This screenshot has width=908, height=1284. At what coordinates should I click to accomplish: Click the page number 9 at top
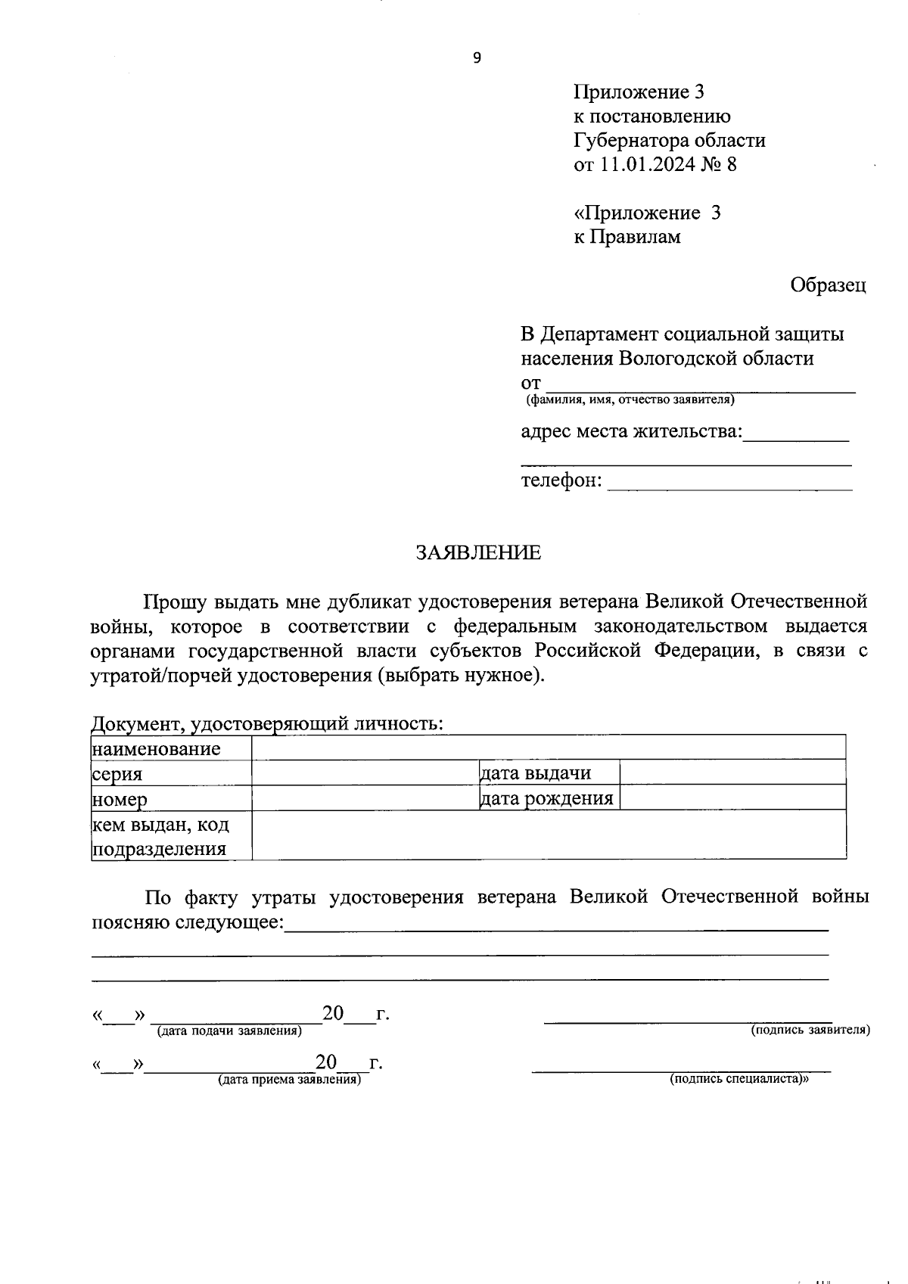tap(476, 58)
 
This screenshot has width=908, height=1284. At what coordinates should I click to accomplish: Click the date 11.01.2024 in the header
tap(648, 165)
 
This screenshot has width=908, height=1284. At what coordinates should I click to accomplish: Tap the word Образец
tap(828, 285)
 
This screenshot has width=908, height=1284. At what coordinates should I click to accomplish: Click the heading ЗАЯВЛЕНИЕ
tap(478, 553)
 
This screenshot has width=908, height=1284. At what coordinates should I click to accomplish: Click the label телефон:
tap(561, 481)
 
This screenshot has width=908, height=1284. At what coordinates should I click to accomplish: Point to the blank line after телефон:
tap(729, 485)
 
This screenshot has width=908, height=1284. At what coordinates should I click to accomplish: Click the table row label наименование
tap(157, 749)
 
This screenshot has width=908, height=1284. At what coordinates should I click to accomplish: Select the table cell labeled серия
tap(171, 774)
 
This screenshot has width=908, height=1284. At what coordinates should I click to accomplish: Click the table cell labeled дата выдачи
tap(549, 773)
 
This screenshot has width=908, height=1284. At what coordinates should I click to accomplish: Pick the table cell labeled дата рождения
tap(549, 798)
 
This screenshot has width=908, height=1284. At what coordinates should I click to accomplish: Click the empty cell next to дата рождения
tap(732, 798)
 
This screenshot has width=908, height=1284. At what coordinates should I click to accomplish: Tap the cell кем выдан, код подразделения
tap(171, 835)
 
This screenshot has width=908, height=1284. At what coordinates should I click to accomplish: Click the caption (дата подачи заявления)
tap(229, 1031)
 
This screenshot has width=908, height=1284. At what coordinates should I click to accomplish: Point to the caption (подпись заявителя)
tap(810, 1031)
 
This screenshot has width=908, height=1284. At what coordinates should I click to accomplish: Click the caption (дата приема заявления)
tap(289, 1080)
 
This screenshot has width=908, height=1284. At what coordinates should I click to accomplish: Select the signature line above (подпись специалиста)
tap(681, 1070)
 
